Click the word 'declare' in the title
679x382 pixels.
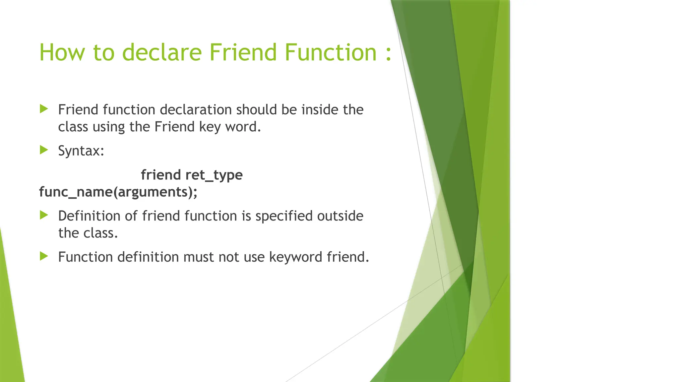click(162, 52)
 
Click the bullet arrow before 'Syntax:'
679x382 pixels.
click(44, 150)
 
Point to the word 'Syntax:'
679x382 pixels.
click(81, 151)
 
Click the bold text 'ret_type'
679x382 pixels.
click(214, 175)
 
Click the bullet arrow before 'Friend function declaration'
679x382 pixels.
click(44, 109)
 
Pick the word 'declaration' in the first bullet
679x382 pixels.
click(196, 110)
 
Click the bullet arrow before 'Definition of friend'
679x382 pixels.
click(44, 215)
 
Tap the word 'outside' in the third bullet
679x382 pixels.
click(340, 216)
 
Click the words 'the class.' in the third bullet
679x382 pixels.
click(88, 233)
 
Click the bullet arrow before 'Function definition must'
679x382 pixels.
click(44, 256)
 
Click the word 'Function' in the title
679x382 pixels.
click(330, 52)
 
